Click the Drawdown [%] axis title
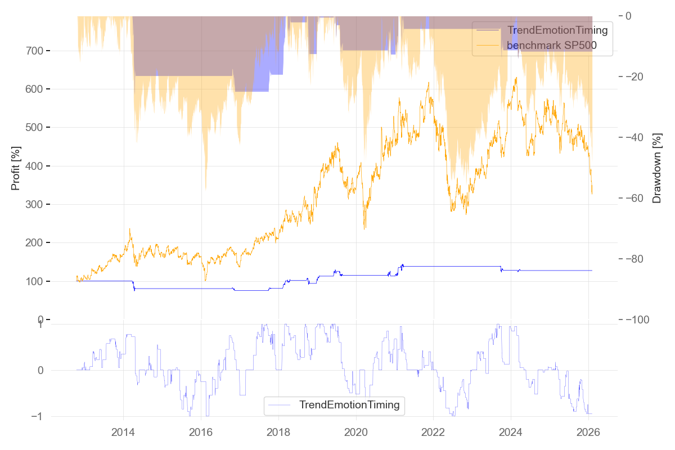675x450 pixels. pos(656,168)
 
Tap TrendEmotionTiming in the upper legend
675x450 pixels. pos(557,30)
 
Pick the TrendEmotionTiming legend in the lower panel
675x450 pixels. pos(349,405)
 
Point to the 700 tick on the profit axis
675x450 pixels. pos(37,51)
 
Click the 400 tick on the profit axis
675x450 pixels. pos(37,166)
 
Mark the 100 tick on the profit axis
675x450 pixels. pos(37,281)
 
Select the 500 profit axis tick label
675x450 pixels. pos(37,128)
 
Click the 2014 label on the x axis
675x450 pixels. pos(123,432)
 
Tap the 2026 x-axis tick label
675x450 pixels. pos(588,432)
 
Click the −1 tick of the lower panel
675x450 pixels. pos(39,417)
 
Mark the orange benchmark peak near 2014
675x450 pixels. pos(130,229)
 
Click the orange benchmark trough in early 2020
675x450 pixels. pos(364,228)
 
